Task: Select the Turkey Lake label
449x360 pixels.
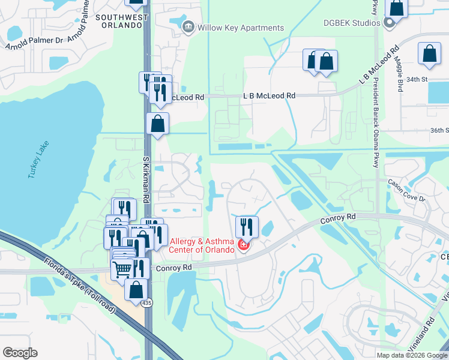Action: point(38,159)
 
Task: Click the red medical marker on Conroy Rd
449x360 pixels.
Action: point(243,245)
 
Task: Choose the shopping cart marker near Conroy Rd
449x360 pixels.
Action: point(123,269)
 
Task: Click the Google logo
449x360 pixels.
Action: point(20,353)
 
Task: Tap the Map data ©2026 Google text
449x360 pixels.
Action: point(412,355)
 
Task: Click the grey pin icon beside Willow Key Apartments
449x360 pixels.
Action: point(188,27)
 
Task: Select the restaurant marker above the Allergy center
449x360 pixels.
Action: point(247,226)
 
